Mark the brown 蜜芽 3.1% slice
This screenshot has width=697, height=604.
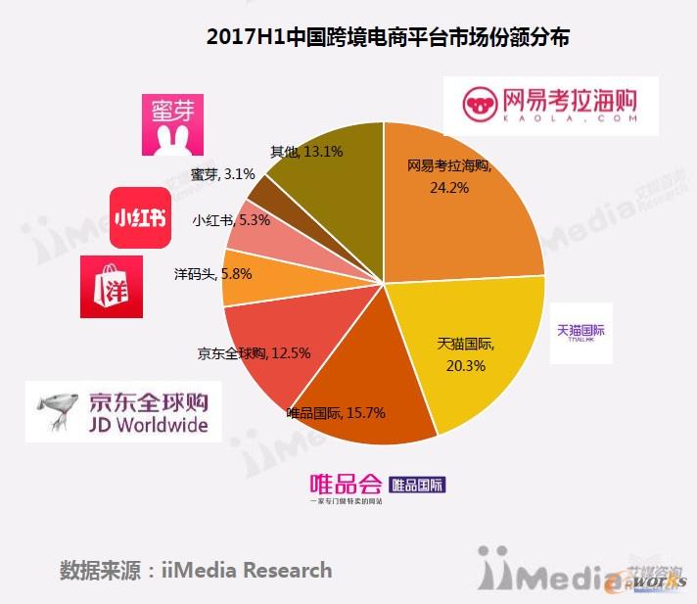pyautogui.click(x=267, y=187)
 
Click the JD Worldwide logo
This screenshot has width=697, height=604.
pyautogui.click(x=123, y=412)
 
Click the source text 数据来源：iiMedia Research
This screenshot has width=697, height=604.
pyautogui.click(x=196, y=570)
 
